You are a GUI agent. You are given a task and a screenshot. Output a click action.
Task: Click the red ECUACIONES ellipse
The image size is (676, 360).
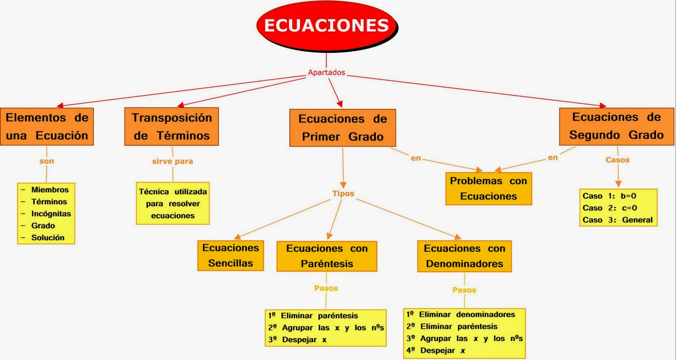pyautogui.click(x=327, y=26)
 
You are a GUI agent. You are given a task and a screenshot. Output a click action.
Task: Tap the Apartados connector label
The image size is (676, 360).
pyautogui.click(x=326, y=72)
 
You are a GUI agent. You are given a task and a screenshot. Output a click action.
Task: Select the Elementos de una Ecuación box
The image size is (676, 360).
pyautogui.click(x=47, y=127)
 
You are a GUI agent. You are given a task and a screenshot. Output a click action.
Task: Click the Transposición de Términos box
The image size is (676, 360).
pyautogui.click(x=172, y=127)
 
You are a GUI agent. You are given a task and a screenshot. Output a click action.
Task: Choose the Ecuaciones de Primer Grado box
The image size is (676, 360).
pyautogui.click(x=343, y=128)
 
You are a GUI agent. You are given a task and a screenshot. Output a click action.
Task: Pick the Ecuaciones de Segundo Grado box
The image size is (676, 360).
pyautogui.click(x=616, y=126)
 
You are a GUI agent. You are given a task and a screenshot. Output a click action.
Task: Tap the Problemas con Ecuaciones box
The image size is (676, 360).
pyautogui.click(x=488, y=188)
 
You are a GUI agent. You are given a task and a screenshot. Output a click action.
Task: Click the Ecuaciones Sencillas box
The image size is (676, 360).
pyautogui.click(x=231, y=256)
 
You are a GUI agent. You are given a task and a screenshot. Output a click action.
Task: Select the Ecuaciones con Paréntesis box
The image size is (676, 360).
pyautogui.click(x=327, y=256)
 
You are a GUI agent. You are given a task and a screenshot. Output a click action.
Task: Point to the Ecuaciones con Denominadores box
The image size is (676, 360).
pyautogui.click(x=464, y=256)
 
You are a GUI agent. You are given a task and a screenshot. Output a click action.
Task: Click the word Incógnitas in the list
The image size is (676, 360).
pyautogui.click(x=51, y=214)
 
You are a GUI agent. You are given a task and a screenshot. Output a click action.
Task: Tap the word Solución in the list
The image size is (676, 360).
pyautogui.click(x=48, y=237)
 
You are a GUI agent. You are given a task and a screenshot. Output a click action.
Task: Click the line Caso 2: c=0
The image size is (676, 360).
pyautogui.click(x=610, y=208)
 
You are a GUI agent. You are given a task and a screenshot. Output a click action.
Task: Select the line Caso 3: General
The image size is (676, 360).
pyautogui.click(x=617, y=220)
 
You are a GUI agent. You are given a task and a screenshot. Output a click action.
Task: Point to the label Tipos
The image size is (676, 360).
pyautogui.click(x=343, y=194)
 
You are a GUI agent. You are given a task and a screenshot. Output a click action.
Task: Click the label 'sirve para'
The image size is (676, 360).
pyautogui.click(x=172, y=161)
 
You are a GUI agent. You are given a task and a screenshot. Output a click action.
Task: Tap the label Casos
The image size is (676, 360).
pyautogui.click(x=617, y=160)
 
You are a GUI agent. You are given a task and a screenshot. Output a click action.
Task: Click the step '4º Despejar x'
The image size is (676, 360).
pyautogui.click(x=436, y=350)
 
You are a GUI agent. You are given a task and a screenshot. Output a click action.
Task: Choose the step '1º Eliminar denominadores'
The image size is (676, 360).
pyautogui.click(x=461, y=314)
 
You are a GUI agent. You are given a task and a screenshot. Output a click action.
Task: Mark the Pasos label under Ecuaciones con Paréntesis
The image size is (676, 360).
pyautogui.click(x=326, y=288)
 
